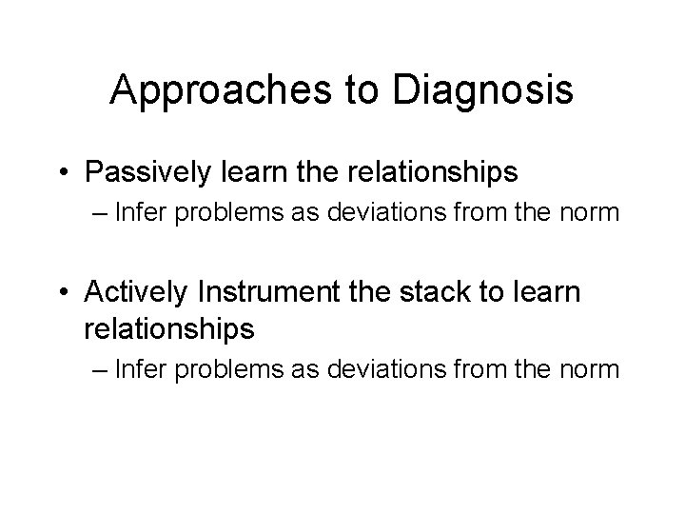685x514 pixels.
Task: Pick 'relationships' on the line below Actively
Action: tap(169, 328)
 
